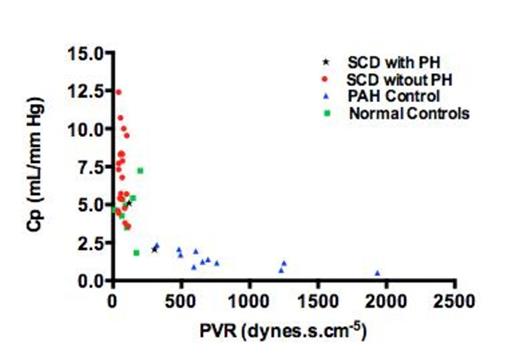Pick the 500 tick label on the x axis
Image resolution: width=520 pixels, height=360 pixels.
click(180, 299)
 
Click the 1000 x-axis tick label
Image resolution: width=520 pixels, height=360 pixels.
click(248, 299)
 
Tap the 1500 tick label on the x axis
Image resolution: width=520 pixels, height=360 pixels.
click(317, 299)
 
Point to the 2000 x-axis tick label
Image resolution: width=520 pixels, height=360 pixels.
click(386, 299)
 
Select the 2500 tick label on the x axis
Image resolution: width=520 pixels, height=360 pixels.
click(454, 299)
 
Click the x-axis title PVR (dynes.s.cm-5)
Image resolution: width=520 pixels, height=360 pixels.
click(282, 325)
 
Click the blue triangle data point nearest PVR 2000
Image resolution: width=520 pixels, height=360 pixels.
click(377, 272)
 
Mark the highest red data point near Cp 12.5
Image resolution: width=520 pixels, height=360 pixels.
click(118, 92)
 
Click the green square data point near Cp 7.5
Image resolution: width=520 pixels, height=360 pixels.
click(141, 170)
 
